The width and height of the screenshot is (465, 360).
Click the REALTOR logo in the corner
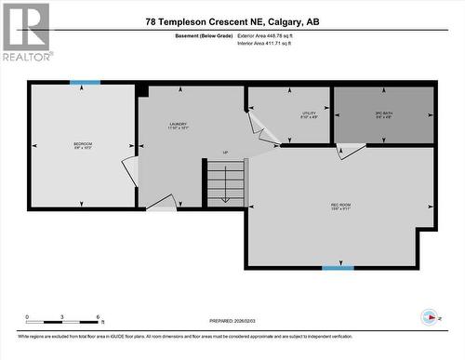pyautogui.click(x=25, y=32)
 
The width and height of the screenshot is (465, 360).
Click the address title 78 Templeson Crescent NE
pyautogui.click(x=232, y=20)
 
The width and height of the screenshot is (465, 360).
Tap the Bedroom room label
pyautogui.click(x=83, y=146)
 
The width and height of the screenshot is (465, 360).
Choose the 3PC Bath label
pyautogui.click(x=384, y=115)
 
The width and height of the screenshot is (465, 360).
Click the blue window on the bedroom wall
pyautogui.click(x=85, y=83)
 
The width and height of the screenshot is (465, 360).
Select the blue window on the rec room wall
pyautogui.click(x=338, y=268)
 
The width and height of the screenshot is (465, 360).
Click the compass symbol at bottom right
pyautogui.click(x=431, y=316)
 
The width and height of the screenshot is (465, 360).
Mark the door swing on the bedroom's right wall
pyautogui.click(x=129, y=170)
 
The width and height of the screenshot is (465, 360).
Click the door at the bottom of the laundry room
pyautogui.click(x=160, y=202)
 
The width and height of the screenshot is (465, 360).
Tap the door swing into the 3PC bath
pyautogui.click(x=350, y=150)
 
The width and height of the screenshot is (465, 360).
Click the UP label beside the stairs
pyautogui.click(x=224, y=152)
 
